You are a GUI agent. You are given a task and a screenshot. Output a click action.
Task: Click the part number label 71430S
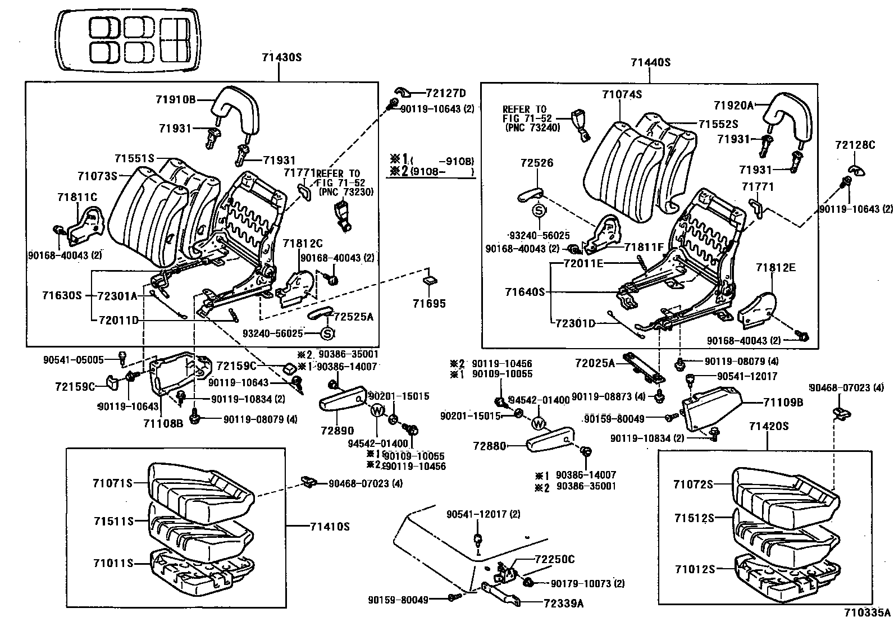[281, 57]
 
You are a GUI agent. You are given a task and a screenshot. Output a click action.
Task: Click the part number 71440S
[650, 63]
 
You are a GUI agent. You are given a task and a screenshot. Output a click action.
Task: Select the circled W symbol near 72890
[377, 411]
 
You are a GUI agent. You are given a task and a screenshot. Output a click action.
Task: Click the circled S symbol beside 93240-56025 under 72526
[539, 211]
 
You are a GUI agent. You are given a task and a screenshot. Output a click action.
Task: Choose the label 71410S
[330, 527]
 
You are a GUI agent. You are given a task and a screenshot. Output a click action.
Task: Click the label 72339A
[563, 603]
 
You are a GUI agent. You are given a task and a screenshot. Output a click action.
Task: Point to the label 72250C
[554, 559]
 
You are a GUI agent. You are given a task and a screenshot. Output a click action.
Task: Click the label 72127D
[446, 93]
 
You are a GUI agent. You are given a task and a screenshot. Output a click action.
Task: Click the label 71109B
[783, 402]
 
